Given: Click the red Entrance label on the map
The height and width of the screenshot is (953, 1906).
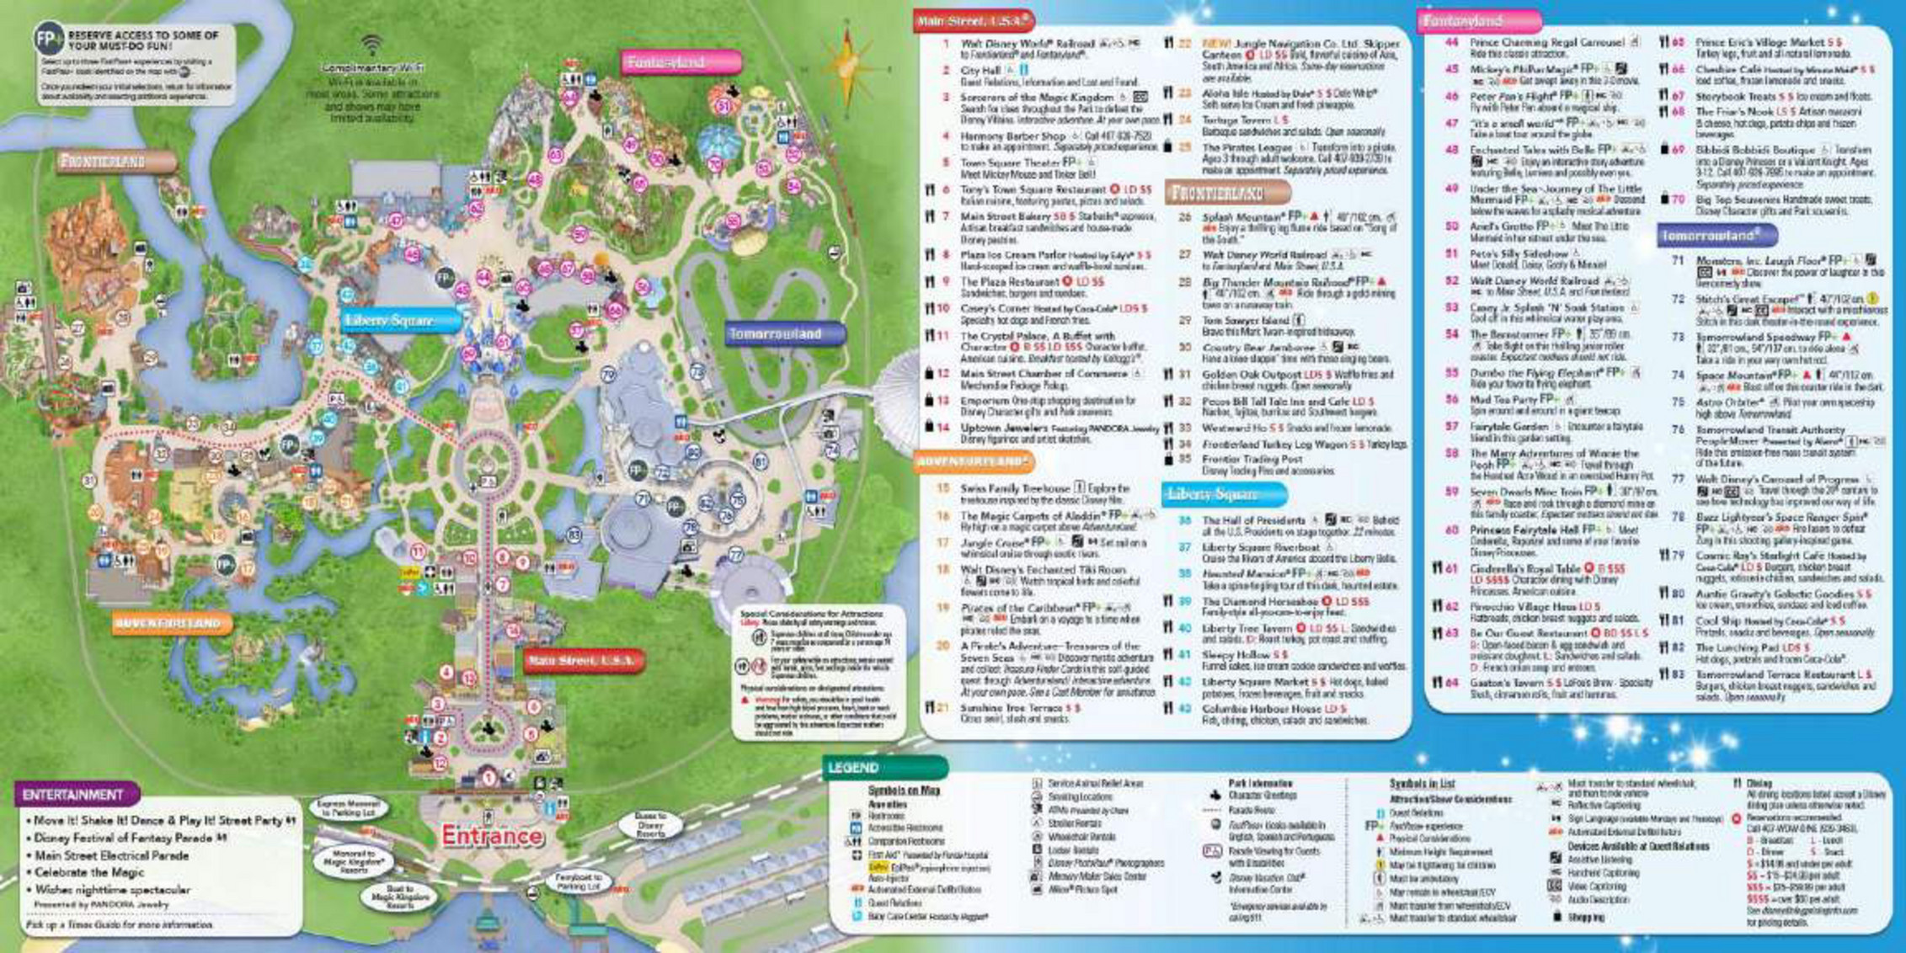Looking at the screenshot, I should click(x=492, y=836).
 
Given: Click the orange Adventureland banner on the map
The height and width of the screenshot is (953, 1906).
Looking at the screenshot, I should click(x=172, y=623).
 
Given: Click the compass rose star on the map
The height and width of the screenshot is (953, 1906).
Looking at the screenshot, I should click(x=848, y=64).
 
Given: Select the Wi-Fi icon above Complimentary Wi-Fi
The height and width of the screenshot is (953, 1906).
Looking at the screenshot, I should click(x=371, y=45).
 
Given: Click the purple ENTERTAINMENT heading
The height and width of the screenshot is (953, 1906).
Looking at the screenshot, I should click(x=74, y=795).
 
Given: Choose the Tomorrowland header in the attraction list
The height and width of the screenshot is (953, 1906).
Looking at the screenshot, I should click(x=1715, y=236).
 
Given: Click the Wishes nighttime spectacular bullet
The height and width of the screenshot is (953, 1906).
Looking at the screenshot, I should click(x=113, y=890).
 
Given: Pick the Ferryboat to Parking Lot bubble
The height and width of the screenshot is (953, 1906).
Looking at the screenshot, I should click(x=577, y=882).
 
